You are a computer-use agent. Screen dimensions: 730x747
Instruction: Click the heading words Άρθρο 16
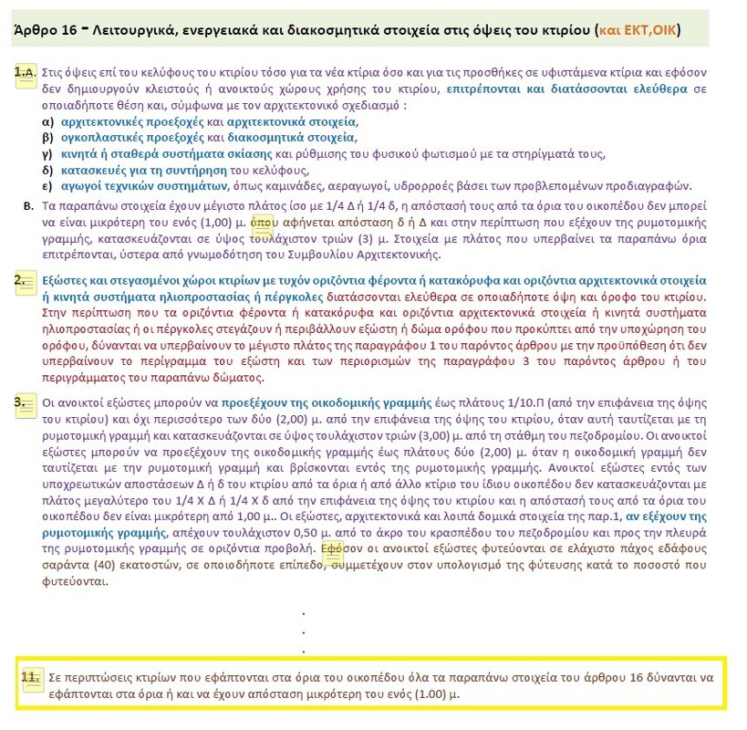[x=45, y=30]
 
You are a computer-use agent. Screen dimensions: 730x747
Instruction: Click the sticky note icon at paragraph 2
[x=26, y=280]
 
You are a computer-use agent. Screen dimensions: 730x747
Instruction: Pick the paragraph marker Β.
[x=28, y=205]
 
